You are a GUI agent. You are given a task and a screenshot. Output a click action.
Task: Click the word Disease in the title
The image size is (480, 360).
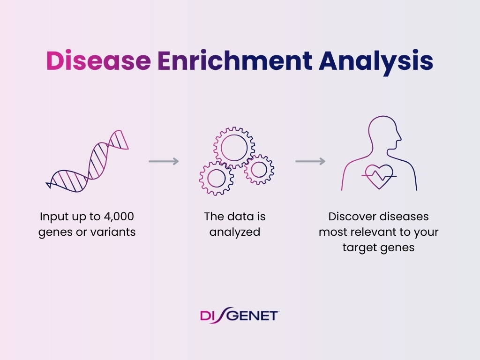tap(98, 60)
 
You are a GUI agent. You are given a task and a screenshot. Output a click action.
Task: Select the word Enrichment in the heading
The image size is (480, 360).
tap(235, 60)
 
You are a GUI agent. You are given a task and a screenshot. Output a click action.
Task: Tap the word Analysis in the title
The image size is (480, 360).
tap(376, 62)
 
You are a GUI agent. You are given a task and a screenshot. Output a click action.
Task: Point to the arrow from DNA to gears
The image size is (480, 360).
tap(164, 161)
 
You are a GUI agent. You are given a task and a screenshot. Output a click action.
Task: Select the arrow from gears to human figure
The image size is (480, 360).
tap(310, 161)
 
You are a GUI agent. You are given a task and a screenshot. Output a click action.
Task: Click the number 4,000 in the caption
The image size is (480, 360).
tap(119, 217)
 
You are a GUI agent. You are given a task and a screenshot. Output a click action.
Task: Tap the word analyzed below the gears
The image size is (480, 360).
tap(235, 232)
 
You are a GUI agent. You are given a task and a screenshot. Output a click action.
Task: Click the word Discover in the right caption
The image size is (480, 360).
tap(350, 217)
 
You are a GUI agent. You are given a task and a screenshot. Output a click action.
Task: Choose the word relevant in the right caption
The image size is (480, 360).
tap(374, 232)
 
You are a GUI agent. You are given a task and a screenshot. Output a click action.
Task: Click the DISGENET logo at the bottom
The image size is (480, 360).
tap(240, 315)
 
